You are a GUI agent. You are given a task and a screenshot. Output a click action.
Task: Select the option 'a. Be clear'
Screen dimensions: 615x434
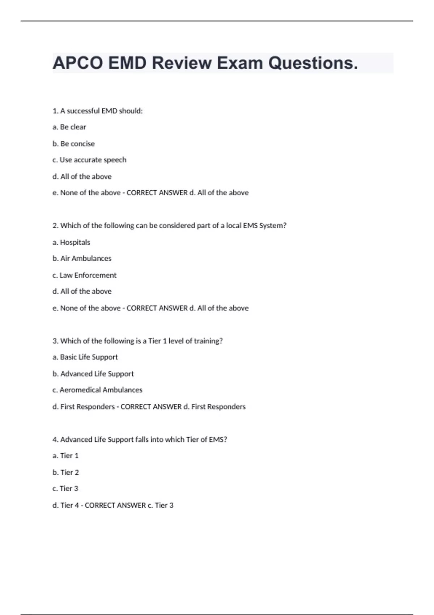point(69,127)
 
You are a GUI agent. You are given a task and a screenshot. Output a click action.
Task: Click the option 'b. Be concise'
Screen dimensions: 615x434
point(74,144)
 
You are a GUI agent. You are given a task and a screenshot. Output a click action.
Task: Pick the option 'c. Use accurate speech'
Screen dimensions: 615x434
point(90,160)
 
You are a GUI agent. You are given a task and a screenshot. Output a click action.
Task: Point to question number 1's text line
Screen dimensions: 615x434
point(98,111)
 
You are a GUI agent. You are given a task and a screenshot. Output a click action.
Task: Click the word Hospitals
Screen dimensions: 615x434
point(75,242)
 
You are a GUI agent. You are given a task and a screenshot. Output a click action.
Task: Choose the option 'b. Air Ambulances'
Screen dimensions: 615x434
point(82,259)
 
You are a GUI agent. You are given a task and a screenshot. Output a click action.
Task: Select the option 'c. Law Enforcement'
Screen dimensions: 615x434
point(85,275)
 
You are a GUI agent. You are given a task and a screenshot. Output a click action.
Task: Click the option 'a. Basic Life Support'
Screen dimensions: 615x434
point(85,357)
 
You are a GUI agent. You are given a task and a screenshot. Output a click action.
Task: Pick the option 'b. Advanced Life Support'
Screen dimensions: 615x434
point(93,374)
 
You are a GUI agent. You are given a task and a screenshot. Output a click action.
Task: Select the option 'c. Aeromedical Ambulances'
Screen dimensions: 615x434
point(98,390)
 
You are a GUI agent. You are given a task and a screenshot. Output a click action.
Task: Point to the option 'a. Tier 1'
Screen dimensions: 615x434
point(65,456)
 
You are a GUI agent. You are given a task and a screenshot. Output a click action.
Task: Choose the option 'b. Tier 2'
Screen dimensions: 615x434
point(66,472)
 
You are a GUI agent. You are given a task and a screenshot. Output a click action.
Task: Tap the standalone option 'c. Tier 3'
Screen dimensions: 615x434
point(65,489)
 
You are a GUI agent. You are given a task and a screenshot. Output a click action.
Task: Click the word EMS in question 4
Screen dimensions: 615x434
point(218,440)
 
